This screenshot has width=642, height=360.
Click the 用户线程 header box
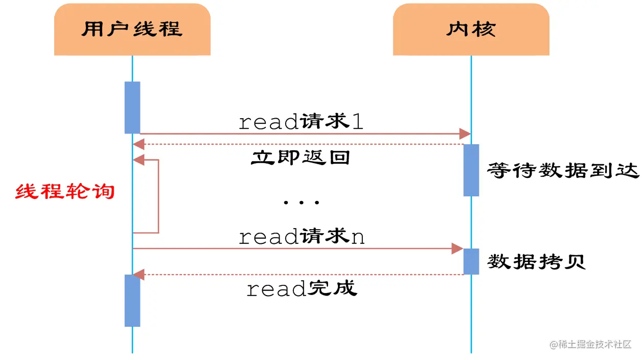tap(132, 29)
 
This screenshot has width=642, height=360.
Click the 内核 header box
tap(471, 29)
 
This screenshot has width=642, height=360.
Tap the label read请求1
tap(301, 122)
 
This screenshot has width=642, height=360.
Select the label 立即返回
tap(301, 157)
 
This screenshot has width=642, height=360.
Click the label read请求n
tap(302, 237)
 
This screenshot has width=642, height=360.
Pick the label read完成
tap(302, 289)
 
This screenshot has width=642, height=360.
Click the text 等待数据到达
tap(563, 170)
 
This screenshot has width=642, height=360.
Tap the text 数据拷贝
tap(536, 262)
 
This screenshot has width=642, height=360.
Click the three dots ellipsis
tap(301, 202)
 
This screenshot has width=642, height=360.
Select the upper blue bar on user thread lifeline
tap(132, 107)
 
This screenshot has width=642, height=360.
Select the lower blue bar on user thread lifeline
tap(132, 301)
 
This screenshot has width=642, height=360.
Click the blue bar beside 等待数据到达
tap(471, 170)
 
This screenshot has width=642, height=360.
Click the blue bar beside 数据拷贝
tap(471, 261)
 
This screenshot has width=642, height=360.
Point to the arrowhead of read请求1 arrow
tap(465, 134)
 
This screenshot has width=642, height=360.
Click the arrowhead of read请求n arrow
tap(457, 249)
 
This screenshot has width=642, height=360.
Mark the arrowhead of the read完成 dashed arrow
tap(139, 275)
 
